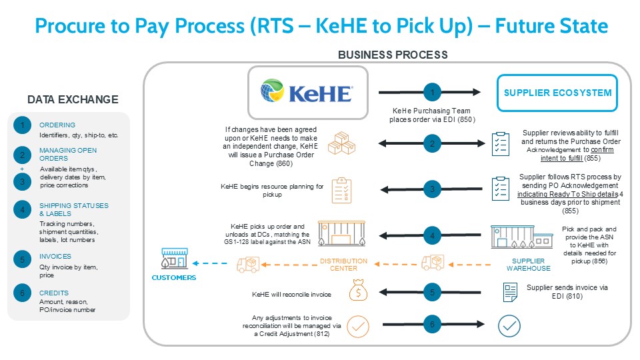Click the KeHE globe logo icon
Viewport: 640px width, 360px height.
click(x=272, y=90)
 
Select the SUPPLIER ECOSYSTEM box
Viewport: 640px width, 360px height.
click(x=557, y=93)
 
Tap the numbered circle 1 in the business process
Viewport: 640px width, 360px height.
click(x=432, y=92)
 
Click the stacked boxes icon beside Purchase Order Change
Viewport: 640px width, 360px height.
click(x=341, y=143)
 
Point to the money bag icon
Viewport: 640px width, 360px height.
click(x=358, y=290)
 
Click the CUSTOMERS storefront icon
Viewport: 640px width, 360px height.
click(x=175, y=258)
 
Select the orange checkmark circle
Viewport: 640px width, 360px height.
click(x=358, y=327)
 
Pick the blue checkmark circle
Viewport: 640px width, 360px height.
click(x=509, y=326)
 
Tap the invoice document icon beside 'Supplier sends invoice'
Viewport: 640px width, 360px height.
click(x=510, y=292)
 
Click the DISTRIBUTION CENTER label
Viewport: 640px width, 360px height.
click(x=344, y=265)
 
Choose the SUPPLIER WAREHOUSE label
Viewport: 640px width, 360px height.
click(x=528, y=265)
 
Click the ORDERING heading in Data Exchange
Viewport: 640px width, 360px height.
click(x=57, y=125)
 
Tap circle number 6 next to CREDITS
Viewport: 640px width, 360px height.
click(x=23, y=293)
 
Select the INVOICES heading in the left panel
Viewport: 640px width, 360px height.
click(x=55, y=256)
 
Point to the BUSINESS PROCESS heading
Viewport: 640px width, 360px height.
click(x=393, y=55)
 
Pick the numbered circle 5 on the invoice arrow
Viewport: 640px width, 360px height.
click(x=432, y=292)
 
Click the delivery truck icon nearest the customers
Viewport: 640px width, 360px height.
click(x=248, y=265)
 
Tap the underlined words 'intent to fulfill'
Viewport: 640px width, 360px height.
click(x=561, y=158)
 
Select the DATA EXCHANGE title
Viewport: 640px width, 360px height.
click(x=73, y=99)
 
